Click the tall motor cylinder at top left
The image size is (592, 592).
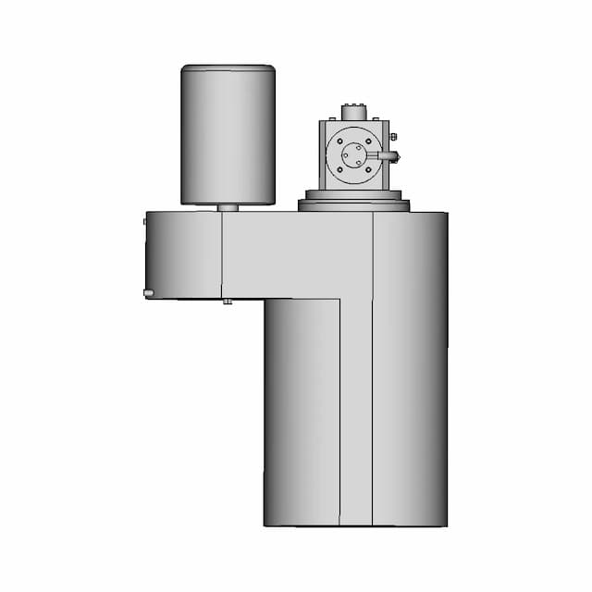[228, 134]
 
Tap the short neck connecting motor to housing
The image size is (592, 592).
[228, 208]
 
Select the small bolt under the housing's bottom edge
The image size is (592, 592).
[227, 302]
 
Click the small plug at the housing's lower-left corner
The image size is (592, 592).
[148, 293]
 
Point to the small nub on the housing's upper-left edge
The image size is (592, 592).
[144, 221]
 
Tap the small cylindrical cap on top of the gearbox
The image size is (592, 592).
[353, 112]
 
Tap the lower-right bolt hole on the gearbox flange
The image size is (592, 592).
[366, 167]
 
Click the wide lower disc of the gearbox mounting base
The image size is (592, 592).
[353, 205]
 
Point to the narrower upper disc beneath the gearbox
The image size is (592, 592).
[353, 194]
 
